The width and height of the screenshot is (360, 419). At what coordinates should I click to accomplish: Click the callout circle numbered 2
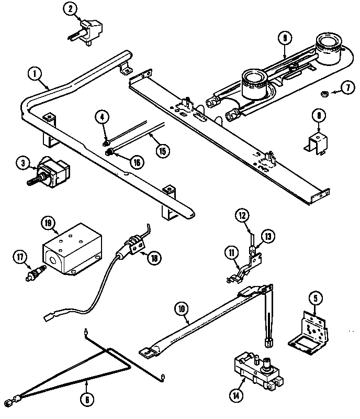coord(70,8)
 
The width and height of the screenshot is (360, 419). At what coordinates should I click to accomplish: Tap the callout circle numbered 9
coord(284,38)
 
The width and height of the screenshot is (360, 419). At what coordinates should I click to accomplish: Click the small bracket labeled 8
coord(316,140)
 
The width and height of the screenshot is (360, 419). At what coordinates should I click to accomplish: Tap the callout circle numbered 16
coord(136,162)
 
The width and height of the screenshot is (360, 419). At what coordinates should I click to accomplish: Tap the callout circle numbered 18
coord(154,257)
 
